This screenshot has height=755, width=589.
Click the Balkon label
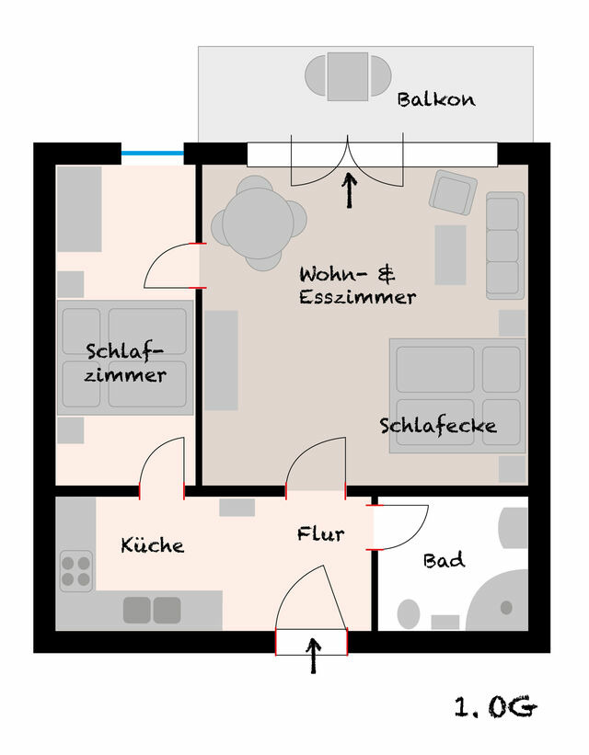(436, 99)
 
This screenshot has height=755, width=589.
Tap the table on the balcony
(347, 76)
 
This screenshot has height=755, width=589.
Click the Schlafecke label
(438, 426)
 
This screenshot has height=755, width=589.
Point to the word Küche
(152, 545)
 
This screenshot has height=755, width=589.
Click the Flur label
(320, 533)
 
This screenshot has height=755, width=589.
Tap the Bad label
(444, 560)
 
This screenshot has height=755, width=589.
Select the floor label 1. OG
(495, 707)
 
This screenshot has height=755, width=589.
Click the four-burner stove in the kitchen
(76, 570)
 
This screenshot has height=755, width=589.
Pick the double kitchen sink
(152, 610)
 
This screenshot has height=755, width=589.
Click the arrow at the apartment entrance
(313, 656)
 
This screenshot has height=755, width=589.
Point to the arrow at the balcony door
(349, 190)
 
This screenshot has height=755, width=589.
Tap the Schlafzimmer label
(126, 362)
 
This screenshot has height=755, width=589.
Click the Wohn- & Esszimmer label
(357, 285)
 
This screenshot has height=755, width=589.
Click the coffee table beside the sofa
(450, 255)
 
